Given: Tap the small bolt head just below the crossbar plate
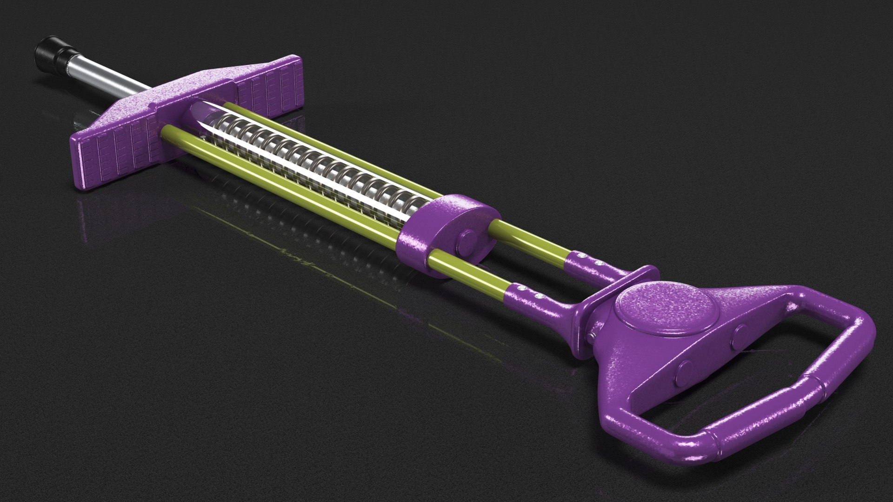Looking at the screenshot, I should coord(593,336).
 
